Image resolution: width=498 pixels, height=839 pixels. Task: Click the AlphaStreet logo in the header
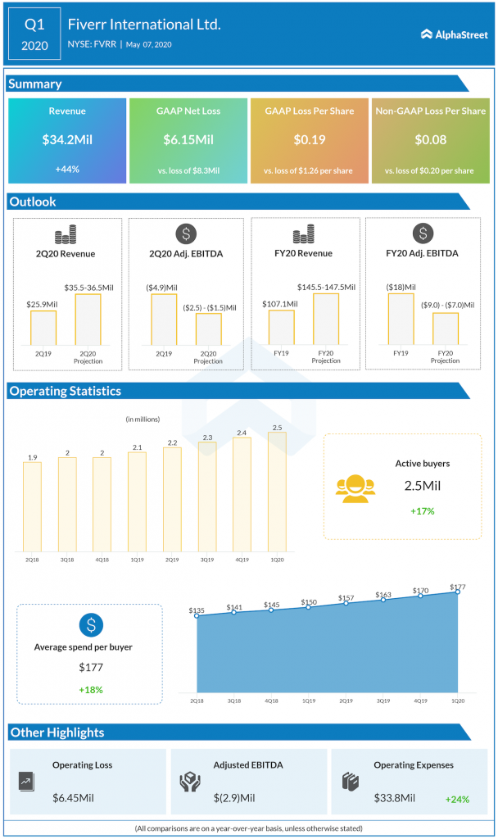click(453, 34)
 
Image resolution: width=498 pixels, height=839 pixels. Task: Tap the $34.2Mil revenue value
click(67, 140)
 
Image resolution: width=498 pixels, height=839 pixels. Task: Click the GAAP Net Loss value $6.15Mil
click(188, 140)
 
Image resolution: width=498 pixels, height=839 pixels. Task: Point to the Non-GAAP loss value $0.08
click(430, 140)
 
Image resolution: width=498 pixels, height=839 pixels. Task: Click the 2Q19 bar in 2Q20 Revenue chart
click(43, 327)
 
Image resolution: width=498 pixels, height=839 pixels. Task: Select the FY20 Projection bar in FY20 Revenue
click(326, 319)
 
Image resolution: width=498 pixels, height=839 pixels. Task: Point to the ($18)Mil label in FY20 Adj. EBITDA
click(400, 287)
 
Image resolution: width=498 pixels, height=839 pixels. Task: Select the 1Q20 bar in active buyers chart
click(277, 493)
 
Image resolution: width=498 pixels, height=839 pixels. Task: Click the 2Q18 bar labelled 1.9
click(32, 508)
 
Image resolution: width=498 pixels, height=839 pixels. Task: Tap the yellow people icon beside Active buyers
click(354, 488)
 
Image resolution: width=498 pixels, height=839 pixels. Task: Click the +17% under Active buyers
click(422, 510)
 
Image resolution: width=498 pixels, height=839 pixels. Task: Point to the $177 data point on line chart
click(457, 592)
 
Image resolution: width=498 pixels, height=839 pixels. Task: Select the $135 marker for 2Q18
click(197, 615)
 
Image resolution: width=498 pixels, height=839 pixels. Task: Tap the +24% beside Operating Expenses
click(458, 798)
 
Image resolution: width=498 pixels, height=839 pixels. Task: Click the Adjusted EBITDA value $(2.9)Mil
click(235, 797)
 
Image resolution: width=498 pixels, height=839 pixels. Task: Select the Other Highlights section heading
click(57, 732)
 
